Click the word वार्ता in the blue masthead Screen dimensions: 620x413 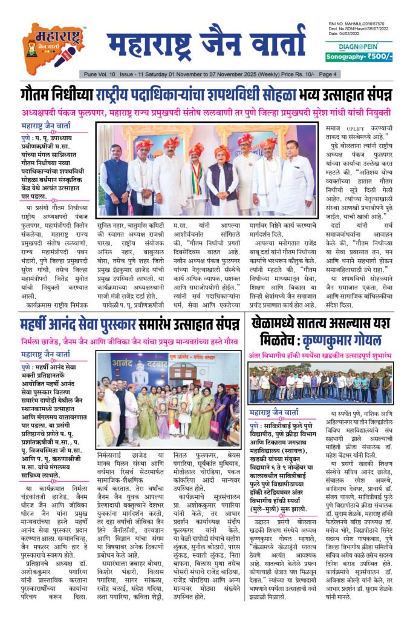click(270, 44)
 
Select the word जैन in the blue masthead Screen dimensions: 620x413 click(220, 44)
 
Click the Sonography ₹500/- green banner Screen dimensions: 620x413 click(359, 57)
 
